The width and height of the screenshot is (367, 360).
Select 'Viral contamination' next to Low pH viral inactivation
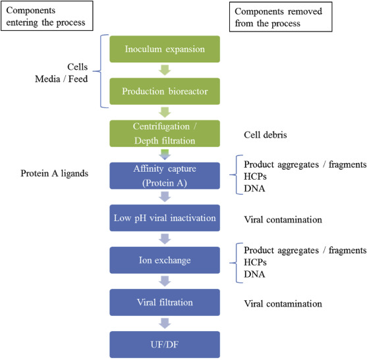(x=282, y=218)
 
